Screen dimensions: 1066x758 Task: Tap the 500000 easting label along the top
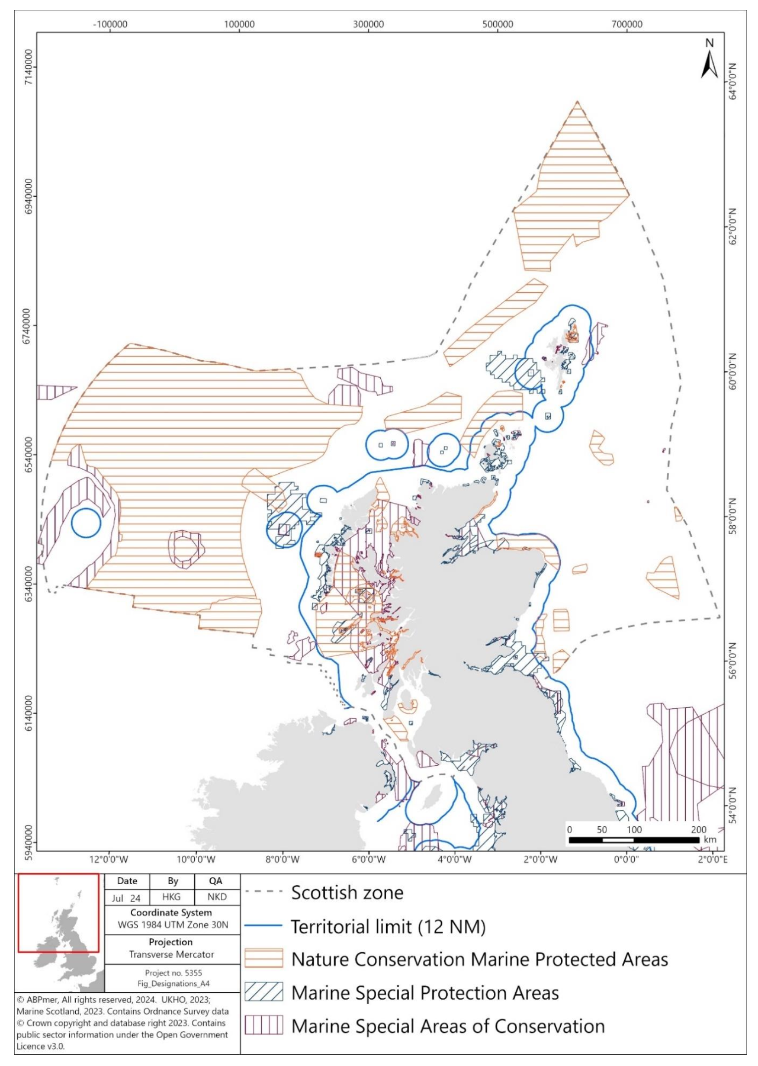pyautogui.click(x=497, y=24)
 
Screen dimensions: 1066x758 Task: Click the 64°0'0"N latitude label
pyautogui.click(x=733, y=81)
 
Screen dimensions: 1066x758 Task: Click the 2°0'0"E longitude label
pyautogui.click(x=712, y=859)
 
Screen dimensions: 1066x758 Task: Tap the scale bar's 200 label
pyautogui.click(x=699, y=830)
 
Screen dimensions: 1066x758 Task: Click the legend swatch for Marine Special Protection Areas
pyautogui.click(x=264, y=993)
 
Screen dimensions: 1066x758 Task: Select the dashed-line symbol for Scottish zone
pyautogui.click(x=264, y=892)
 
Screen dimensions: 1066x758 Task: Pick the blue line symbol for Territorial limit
pyautogui.click(x=264, y=926)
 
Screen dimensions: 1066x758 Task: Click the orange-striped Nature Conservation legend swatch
pyautogui.click(x=264, y=959)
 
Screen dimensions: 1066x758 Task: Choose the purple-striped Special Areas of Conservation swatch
pyautogui.click(x=264, y=1026)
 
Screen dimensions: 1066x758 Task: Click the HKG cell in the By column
pyautogui.click(x=172, y=897)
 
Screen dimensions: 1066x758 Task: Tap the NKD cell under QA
pyautogui.click(x=217, y=897)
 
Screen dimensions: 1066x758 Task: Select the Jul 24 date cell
pyautogui.click(x=126, y=898)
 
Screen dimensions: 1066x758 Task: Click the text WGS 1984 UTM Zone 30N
pyautogui.click(x=172, y=924)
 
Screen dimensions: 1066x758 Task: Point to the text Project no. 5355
pyautogui.click(x=173, y=972)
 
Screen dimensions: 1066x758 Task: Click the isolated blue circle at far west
pyautogui.click(x=86, y=523)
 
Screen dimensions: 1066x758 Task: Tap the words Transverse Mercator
pyautogui.click(x=172, y=954)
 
